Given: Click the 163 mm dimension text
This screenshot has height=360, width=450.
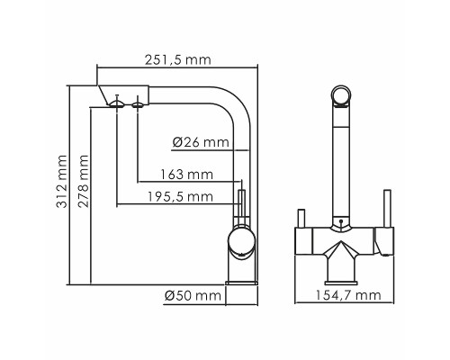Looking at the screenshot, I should coord(192,174).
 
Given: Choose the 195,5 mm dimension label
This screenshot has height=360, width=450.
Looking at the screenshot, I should coord(184,196).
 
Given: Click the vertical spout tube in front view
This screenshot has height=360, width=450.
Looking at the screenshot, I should coord(341,162).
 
